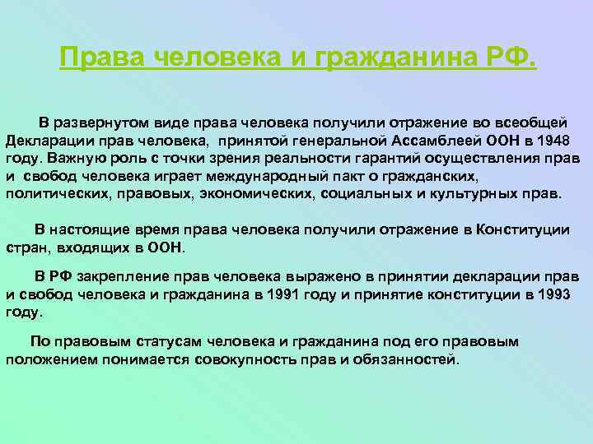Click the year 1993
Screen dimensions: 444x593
pos(551,294)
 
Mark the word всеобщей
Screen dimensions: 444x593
pos(543,123)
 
